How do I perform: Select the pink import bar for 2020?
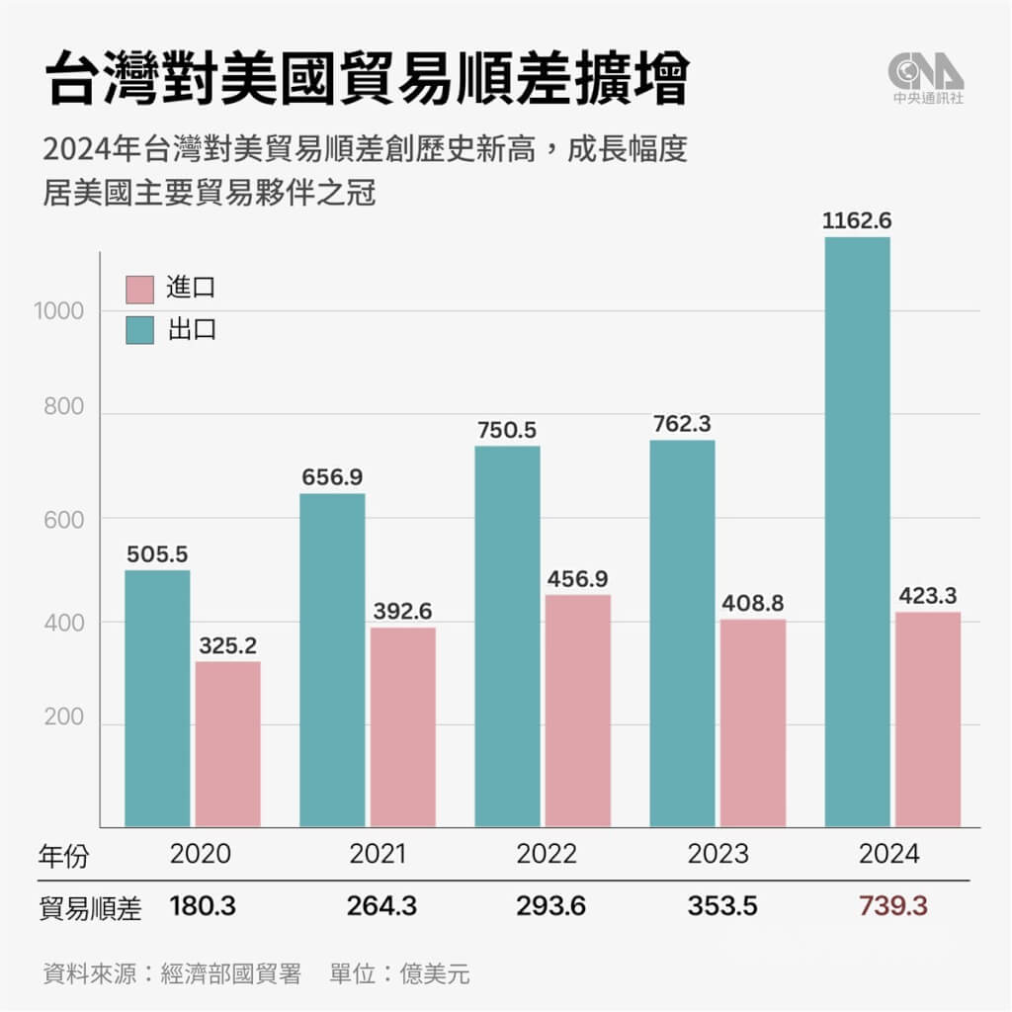[227, 744]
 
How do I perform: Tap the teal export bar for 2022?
[507, 636]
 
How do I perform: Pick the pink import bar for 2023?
[752, 722]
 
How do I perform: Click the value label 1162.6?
[856, 220]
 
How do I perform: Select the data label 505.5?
[157, 554]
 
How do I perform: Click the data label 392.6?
[402, 611]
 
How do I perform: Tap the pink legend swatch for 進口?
[140, 289]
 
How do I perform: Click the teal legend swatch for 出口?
[140, 330]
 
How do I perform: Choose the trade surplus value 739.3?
[893, 906]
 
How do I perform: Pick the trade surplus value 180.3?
[204, 906]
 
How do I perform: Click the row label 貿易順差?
[92, 908]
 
